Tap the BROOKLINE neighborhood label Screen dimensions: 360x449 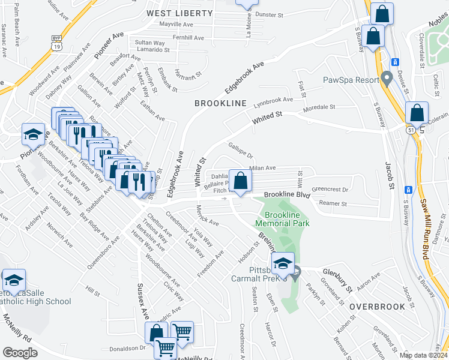[220, 103]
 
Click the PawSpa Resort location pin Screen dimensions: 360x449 [387, 79]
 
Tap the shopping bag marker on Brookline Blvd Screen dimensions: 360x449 [240, 181]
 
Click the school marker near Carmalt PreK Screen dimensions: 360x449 [283, 263]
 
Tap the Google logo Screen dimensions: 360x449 [20, 352]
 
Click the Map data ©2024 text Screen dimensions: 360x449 [423, 355]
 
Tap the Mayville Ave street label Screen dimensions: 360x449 [176, 25]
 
